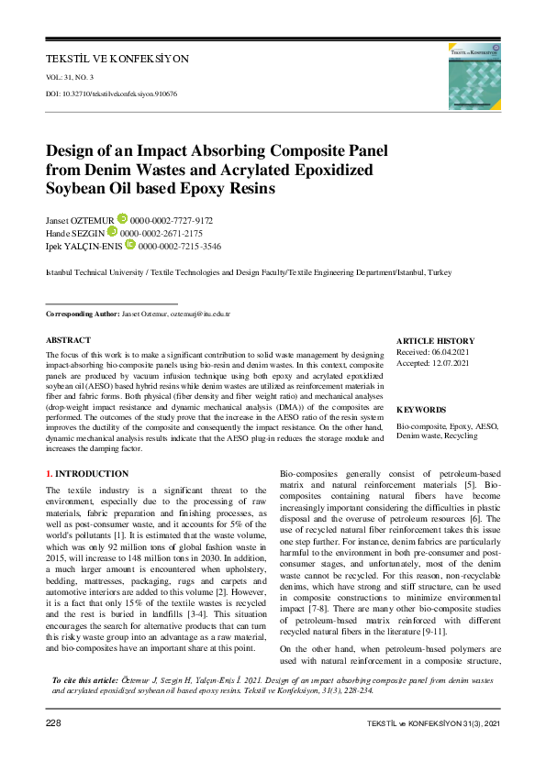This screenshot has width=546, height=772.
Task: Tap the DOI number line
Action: click(x=111, y=94)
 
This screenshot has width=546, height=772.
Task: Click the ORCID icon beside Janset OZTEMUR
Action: click(x=122, y=219)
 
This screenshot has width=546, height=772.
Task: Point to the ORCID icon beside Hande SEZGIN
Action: click(x=112, y=232)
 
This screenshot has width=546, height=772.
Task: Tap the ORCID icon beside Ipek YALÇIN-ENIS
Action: click(x=130, y=245)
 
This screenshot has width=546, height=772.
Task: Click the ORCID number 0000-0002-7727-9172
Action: click(x=172, y=221)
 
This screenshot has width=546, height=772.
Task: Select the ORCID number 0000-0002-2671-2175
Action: click(x=161, y=234)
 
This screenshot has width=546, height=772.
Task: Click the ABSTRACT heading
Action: click(x=68, y=339)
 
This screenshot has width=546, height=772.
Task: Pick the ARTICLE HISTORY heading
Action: click(x=436, y=340)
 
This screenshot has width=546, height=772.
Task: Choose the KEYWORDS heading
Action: click(x=422, y=410)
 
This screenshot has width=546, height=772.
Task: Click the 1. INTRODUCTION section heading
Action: click(x=87, y=474)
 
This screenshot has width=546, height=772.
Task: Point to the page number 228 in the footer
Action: click(x=54, y=724)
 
